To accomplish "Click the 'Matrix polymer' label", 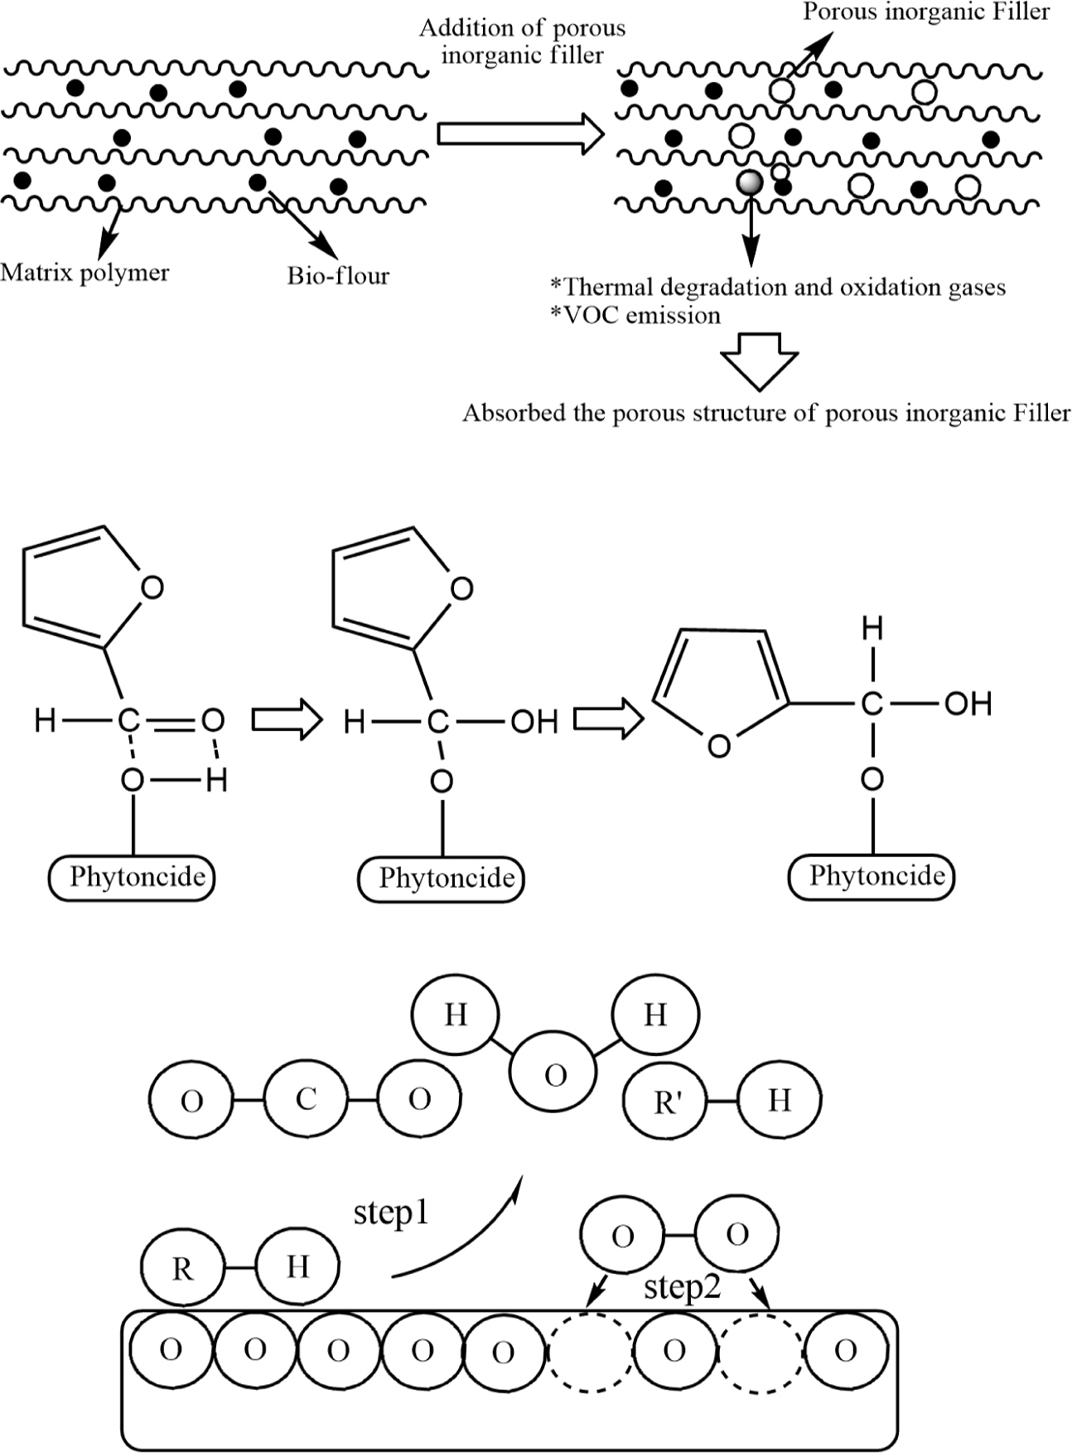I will tap(85, 273).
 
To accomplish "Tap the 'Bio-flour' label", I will tap(338, 275).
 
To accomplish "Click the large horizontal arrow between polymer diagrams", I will tap(520, 133).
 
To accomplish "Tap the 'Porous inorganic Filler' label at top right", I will tap(926, 12).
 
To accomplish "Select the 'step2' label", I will tap(682, 1287).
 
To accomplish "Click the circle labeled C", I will tap(307, 1100).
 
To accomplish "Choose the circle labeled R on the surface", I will tap(183, 1268).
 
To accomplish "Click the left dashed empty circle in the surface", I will tap(590, 1351).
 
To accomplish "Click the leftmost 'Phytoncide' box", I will tap(133, 877).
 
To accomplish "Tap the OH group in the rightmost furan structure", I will tap(968, 704).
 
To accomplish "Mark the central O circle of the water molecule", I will tap(553, 1075).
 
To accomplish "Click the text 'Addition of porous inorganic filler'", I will tap(522, 41).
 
